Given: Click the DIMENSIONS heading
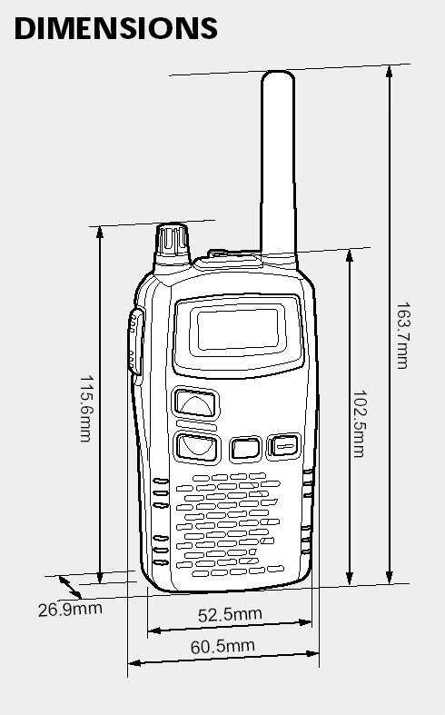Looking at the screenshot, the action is click(x=116, y=28).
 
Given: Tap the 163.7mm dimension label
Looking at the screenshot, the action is click(x=403, y=335).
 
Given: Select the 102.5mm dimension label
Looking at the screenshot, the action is click(x=360, y=423).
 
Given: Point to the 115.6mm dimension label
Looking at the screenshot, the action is click(x=86, y=409).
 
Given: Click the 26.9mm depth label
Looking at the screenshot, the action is click(x=70, y=610).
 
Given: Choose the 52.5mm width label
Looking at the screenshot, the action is click(x=231, y=615).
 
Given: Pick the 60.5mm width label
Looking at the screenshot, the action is click(x=222, y=646).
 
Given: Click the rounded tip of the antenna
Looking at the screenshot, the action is click(x=278, y=75).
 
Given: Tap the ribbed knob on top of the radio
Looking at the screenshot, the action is click(x=172, y=244).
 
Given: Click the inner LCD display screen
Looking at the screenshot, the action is click(x=238, y=329).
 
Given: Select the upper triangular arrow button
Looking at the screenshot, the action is click(x=195, y=403).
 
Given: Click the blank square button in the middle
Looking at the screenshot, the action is click(x=245, y=448).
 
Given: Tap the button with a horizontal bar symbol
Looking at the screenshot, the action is click(x=283, y=445).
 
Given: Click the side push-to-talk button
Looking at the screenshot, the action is click(x=136, y=341).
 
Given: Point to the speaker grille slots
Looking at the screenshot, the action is click(x=230, y=524).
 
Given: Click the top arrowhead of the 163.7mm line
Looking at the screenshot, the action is click(x=389, y=71).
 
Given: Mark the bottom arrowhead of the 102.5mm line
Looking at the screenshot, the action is click(x=350, y=579).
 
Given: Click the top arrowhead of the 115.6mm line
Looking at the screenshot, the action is click(x=100, y=232).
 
